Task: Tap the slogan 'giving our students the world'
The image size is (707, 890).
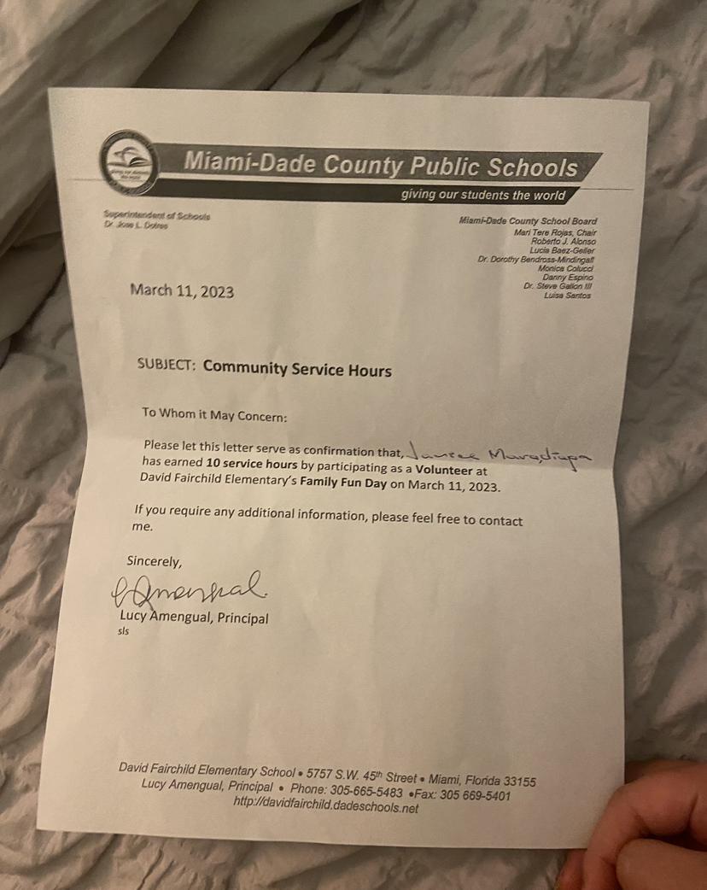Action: click(483, 196)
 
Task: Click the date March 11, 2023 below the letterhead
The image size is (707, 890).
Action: click(182, 291)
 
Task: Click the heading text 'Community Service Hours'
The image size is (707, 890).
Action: click(297, 371)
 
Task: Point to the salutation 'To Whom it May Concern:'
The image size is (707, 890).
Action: click(214, 415)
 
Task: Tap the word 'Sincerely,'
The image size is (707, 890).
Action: click(155, 562)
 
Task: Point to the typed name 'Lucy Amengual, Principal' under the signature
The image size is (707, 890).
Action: click(195, 618)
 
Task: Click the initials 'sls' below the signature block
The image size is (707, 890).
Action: click(123, 632)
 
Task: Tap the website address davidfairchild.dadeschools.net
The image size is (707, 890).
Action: click(325, 805)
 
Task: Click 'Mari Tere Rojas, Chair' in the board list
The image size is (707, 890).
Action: click(555, 232)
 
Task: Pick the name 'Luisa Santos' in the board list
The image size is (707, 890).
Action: click(567, 296)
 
